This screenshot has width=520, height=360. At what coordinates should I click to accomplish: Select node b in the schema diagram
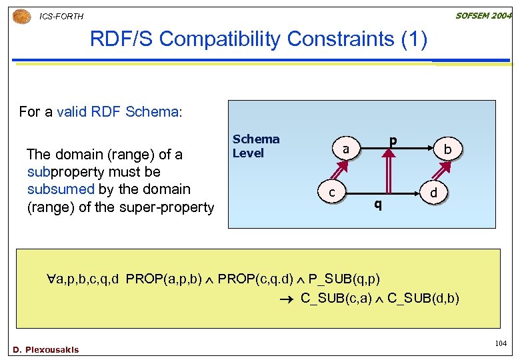point(448,151)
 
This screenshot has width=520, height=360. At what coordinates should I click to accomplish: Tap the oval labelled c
point(331,193)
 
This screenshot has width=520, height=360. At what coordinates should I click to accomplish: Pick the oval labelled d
point(434,193)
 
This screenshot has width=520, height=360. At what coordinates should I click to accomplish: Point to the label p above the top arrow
point(393,141)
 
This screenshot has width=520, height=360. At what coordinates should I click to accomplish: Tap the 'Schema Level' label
point(256,146)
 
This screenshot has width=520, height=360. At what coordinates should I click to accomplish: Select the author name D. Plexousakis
point(45,350)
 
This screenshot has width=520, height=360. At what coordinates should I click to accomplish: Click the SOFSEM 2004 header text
point(483,15)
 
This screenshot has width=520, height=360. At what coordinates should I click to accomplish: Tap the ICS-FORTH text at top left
point(62,16)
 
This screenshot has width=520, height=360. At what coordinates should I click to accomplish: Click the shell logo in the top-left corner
point(21,15)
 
